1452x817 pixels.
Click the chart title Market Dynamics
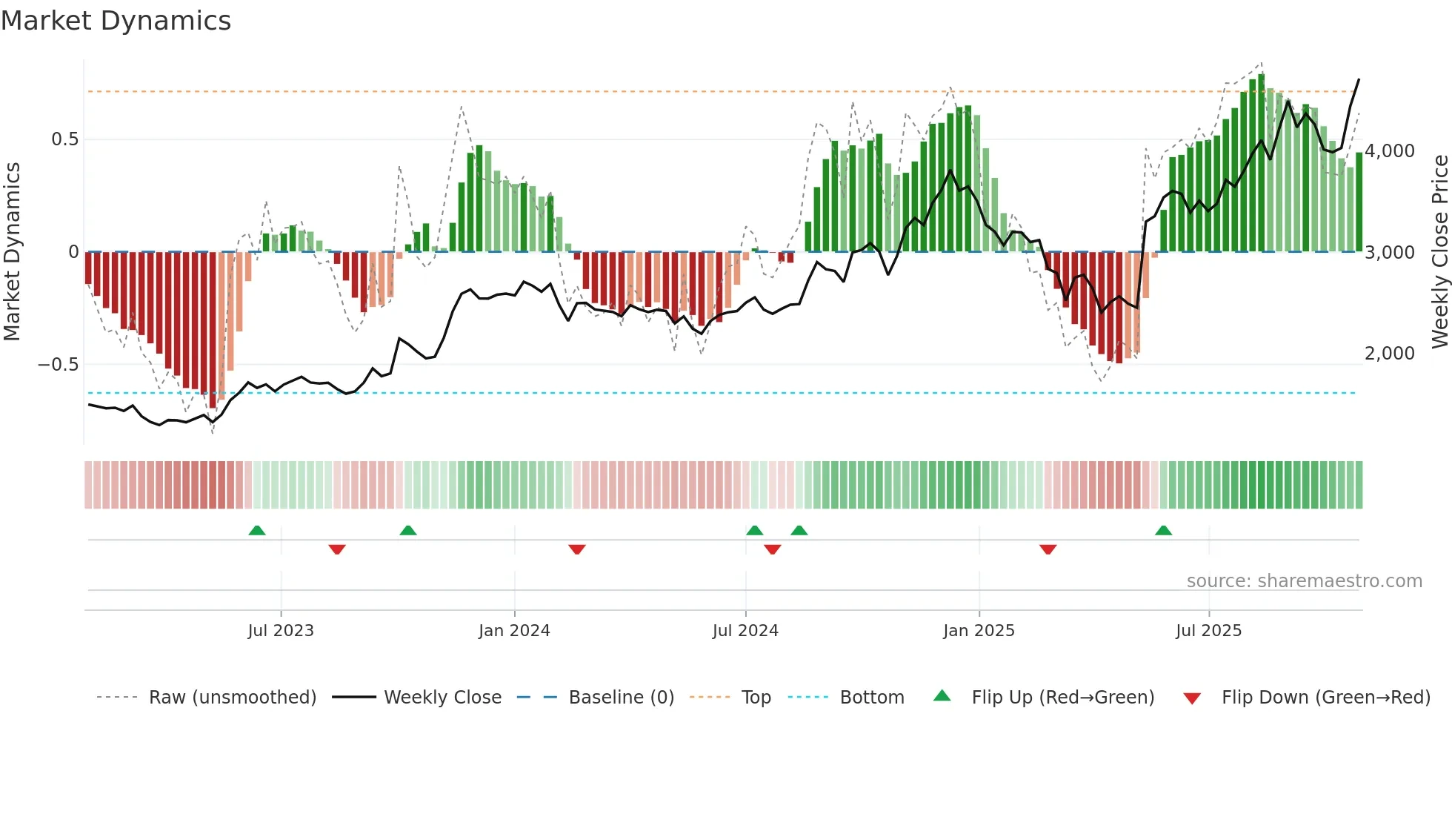pyautogui.click(x=116, y=21)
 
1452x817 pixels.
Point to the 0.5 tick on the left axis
pyautogui.click(x=64, y=139)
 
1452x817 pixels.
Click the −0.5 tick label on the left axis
pyautogui.click(x=58, y=364)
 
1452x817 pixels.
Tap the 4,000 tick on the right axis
pyautogui.click(x=1390, y=151)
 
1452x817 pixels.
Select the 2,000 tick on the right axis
pyautogui.click(x=1390, y=354)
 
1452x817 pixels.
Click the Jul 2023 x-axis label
pyautogui.click(x=281, y=631)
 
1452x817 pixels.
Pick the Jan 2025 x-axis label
pyautogui.click(x=979, y=631)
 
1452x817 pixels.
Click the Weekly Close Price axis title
pyautogui.click(x=1439, y=251)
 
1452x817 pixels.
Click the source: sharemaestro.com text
pyautogui.click(x=1304, y=581)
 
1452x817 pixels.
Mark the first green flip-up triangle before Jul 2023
pyautogui.click(x=257, y=531)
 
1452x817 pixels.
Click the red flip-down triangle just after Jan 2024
pyautogui.click(x=577, y=549)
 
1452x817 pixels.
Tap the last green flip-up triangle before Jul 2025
pyautogui.click(x=1163, y=531)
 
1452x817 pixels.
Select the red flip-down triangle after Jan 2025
pyautogui.click(x=1048, y=549)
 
